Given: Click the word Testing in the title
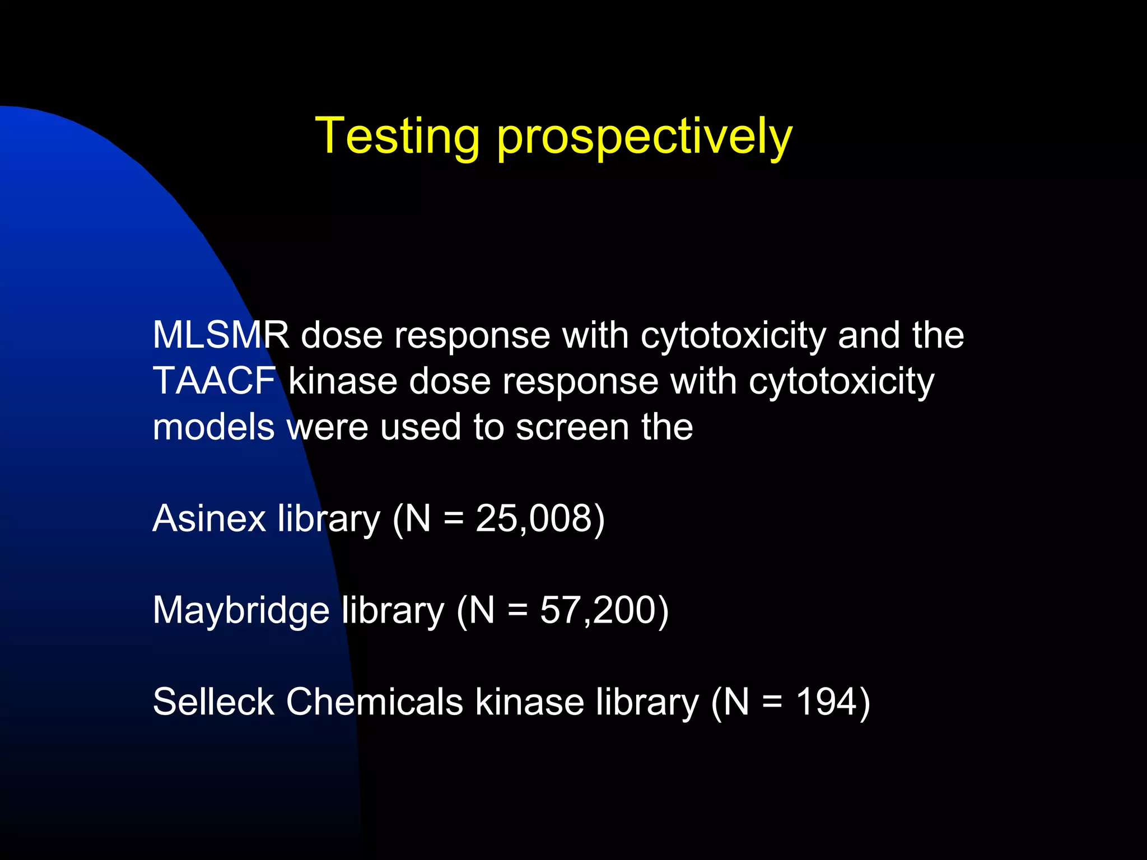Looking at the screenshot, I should [397, 136].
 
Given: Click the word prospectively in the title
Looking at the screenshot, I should [644, 138].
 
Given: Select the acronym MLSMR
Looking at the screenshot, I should [221, 335].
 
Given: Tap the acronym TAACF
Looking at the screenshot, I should [214, 381].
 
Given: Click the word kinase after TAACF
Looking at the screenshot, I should [342, 381].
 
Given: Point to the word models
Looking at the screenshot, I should [213, 427].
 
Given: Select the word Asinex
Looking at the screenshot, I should [209, 518].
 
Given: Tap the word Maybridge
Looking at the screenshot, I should [241, 610].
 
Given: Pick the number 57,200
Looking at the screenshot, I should [597, 610].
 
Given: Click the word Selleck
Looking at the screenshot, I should [213, 702].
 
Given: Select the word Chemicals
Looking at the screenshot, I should [374, 702].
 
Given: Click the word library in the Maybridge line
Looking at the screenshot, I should [393, 610].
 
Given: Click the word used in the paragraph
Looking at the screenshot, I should [420, 427].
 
